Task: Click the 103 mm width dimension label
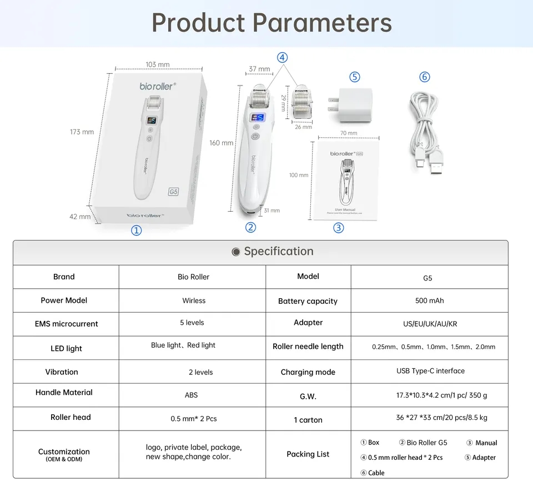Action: point(158,64)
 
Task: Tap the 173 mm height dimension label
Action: point(82,132)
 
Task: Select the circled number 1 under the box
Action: point(136,231)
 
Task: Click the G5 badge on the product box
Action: point(173,192)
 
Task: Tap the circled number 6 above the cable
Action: point(425,77)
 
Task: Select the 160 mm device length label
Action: point(221,143)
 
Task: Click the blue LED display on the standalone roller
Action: point(258,118)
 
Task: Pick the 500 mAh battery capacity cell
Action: point(429,300)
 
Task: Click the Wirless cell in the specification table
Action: point(194,300)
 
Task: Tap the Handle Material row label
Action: point(64,392)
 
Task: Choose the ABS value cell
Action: point(191,395)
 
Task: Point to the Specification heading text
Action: point(279,251)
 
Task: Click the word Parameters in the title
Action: point(323,23)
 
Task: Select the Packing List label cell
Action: point(308,454)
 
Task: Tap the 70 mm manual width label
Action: point(349,133)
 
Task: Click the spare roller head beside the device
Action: point(303,101)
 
